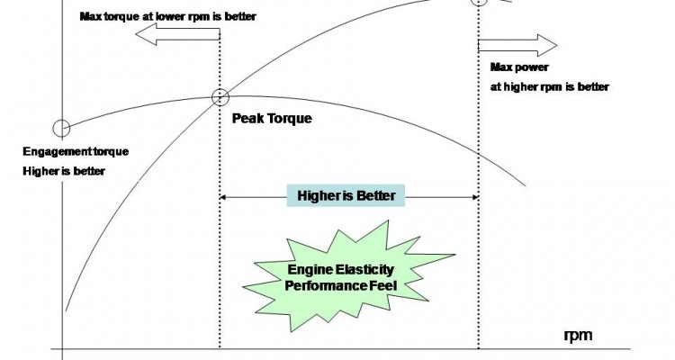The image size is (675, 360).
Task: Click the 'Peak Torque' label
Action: [x=272, y=117]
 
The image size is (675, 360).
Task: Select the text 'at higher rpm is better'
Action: [x=549, y=87]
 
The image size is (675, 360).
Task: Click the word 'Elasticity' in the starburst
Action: [x=371, y=269]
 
